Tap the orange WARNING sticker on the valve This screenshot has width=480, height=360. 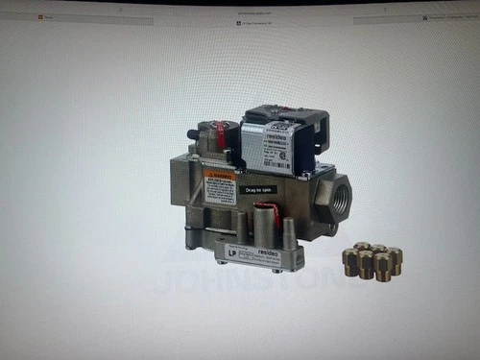(220, 176)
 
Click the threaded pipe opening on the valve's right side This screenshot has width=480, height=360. (339, 199)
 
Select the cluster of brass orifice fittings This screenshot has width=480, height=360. (373, 260)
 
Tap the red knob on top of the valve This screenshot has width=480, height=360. (222, 132)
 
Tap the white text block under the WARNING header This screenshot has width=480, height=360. (220, 189)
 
